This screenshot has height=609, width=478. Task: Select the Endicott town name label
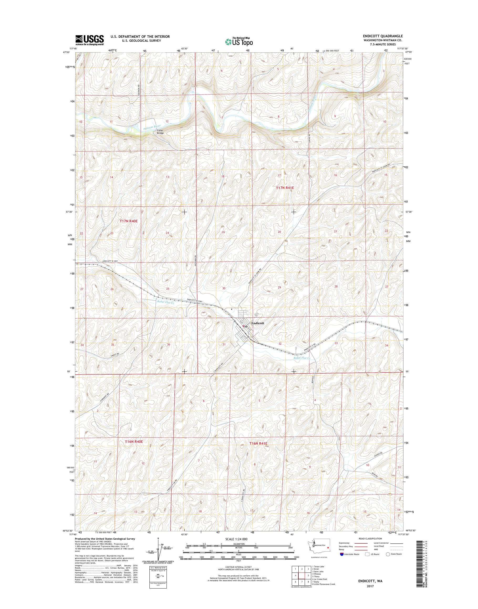[257, 323]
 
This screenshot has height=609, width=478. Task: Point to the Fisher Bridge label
[160, 132]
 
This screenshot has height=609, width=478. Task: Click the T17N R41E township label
[285, 188]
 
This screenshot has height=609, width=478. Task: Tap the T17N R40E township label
[129, 221]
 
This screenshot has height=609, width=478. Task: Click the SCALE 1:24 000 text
[236, 539]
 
